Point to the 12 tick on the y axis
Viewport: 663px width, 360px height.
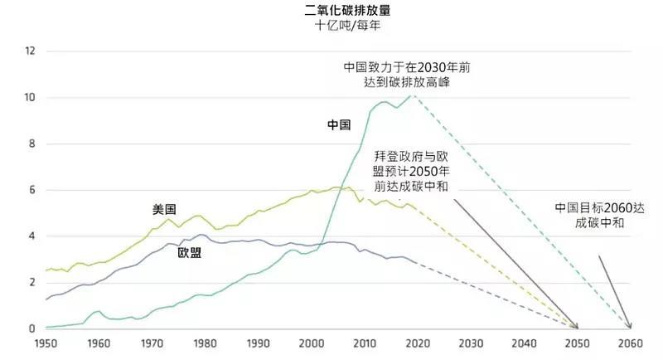click(x=31, y=51)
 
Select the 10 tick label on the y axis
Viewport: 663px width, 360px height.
click(x=31, y=98)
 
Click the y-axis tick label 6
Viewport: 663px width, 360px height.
click(x=33, y=190)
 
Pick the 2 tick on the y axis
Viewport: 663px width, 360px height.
click(x=33, y=283)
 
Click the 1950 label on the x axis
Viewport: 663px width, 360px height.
click(x=46, y=343)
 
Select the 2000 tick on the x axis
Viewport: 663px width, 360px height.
click(x=311, y=343)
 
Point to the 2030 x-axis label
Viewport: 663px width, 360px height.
click(x=471, y=343)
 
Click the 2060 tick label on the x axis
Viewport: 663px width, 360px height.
click(x=630, y=343)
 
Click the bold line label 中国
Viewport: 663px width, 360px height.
click(x=339, y=125)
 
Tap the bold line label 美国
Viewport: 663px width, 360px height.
click(x=165, y=210)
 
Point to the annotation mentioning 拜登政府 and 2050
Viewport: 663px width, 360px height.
click(x=412, y=171)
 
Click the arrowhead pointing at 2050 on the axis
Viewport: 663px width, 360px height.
click(x=576, y=326)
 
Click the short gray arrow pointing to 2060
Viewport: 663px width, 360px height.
click(x=614, y=290)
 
